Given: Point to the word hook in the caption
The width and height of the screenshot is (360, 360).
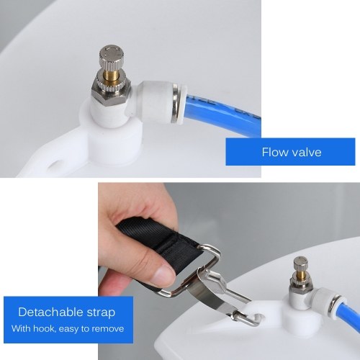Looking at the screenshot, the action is [x=45, y=328].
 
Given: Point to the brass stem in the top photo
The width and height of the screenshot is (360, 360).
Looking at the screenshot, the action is [x=113, y=75].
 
